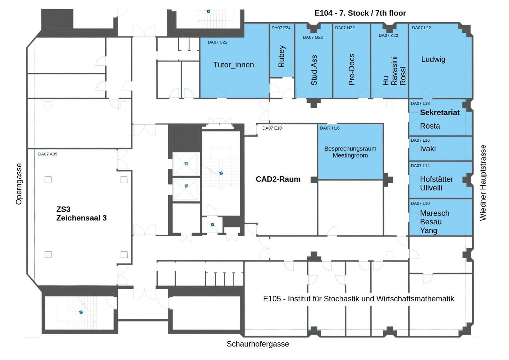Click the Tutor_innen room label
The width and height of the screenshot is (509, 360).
click(234, 65)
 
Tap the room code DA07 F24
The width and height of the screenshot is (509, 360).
click(281, 28)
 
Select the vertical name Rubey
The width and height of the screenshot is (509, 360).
click(282, 56)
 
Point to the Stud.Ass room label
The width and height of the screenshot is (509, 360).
click(314, 70)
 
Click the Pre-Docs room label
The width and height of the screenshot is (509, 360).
click(351, 70)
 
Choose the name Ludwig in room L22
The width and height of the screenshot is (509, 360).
click(433, 59)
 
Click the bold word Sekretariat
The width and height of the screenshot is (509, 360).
click(440, 113)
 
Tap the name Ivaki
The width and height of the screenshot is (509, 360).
click(428, 149)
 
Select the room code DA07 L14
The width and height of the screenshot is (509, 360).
click(420, 166)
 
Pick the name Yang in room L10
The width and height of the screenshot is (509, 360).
click(428, 231)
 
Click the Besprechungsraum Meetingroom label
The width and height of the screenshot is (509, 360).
click(350, 152)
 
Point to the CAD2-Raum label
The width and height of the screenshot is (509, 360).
click(278, 179)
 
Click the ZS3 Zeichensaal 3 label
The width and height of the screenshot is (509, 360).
click(81, 213)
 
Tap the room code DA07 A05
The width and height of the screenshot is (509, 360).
click(48, 154)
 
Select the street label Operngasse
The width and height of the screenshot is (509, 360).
click(19, 184)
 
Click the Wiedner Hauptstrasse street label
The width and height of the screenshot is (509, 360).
click(483, 183)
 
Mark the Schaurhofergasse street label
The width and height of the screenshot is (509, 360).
click(258, 344)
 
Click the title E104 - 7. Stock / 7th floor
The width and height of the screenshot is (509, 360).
click(360, 13)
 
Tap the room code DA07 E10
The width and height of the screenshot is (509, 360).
click(272, 128)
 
